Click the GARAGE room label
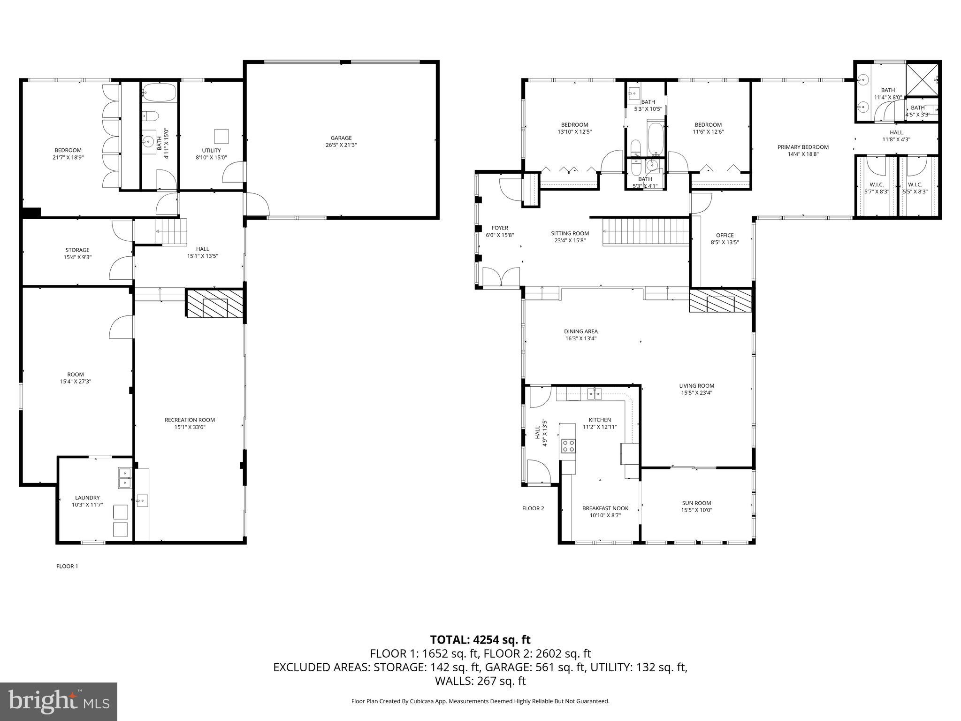click(341, 138)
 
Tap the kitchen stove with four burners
click(569, 445)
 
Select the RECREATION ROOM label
click(190, 420)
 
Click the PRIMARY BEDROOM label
click(803, 147)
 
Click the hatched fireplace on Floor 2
click(720, 300)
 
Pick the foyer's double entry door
click(501, 277)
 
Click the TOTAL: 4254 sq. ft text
click(480, 639)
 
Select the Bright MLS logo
click(59, 701)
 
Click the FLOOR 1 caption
click(67, 566)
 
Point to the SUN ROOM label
click(696, 503)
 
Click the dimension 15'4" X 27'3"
click(76, 382)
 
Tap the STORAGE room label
click(77, 250)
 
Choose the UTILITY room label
click(211, 150)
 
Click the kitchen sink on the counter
click(595, 393)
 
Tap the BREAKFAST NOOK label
click(605, 508)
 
